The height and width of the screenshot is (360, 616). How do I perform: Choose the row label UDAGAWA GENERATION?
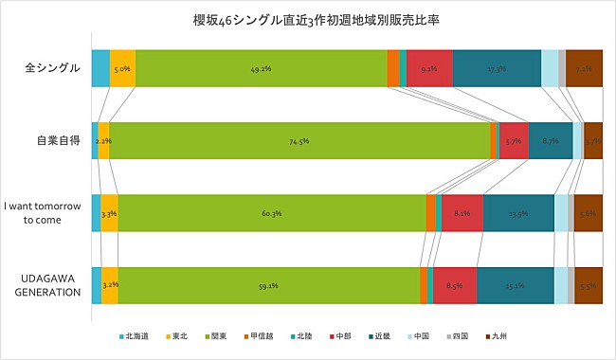pos(51,284)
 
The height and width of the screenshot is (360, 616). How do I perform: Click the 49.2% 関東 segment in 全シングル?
pos(261,69)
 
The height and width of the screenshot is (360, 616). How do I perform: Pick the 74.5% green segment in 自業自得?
pos(299,141)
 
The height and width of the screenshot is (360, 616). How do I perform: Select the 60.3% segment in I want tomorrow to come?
pos(272,213)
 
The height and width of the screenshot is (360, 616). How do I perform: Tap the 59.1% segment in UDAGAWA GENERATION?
pos(268,285)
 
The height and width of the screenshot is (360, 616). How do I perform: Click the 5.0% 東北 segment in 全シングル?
pos(122,69)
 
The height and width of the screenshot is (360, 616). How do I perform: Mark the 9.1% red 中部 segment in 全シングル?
pos(429,69)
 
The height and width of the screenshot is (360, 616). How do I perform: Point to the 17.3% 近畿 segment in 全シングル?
pos(497,69)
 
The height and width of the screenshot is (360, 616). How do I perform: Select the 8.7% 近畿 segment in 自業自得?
pos(551,141)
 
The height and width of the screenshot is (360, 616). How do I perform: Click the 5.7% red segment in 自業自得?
pos(514,141)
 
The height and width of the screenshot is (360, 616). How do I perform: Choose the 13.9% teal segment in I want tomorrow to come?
pos(518,213)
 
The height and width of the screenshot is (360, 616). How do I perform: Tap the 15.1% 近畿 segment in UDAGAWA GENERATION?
pos(516,285)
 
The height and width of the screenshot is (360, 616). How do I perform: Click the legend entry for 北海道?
pos(134,335)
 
